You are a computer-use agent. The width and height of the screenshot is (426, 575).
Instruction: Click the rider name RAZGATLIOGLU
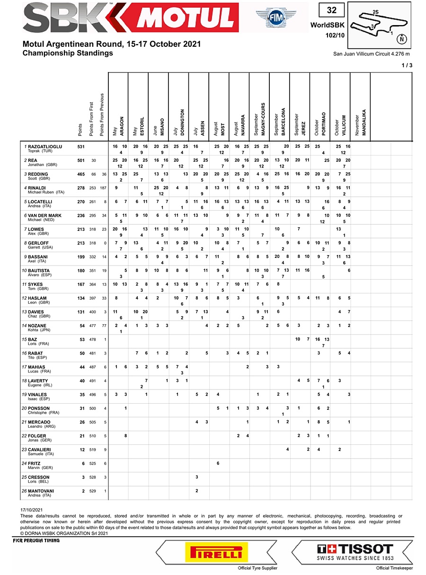[x=45, y=147]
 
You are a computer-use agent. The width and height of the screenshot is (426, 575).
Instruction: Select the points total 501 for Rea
[x=81, y=160]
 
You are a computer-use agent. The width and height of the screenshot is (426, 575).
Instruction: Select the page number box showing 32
[x=331, y=10]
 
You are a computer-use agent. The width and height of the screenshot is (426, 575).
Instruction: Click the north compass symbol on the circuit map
[x=401, y=38]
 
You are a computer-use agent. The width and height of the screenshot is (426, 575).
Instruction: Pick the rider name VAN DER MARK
[x=44, y=216]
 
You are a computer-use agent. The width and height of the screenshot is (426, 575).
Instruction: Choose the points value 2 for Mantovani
[x=83, y=491]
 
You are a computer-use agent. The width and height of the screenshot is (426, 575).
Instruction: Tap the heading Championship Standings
[x=68, y=53]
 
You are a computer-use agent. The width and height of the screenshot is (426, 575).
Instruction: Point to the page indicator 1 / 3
[x=406, y=65]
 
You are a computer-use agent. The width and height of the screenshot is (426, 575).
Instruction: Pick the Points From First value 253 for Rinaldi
[x=93, y=188]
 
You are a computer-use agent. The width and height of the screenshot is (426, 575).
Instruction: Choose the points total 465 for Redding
[x=81, y=175]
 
